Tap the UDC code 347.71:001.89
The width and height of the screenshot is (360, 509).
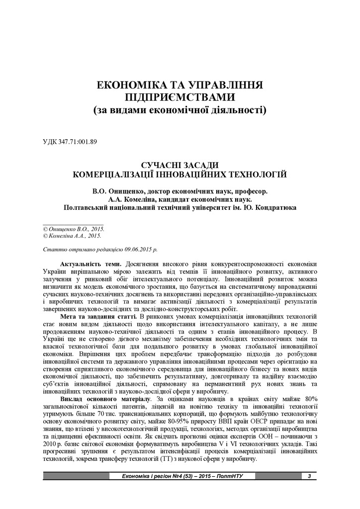click(79, 141)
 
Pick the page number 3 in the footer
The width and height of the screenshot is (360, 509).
click(309, 477)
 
